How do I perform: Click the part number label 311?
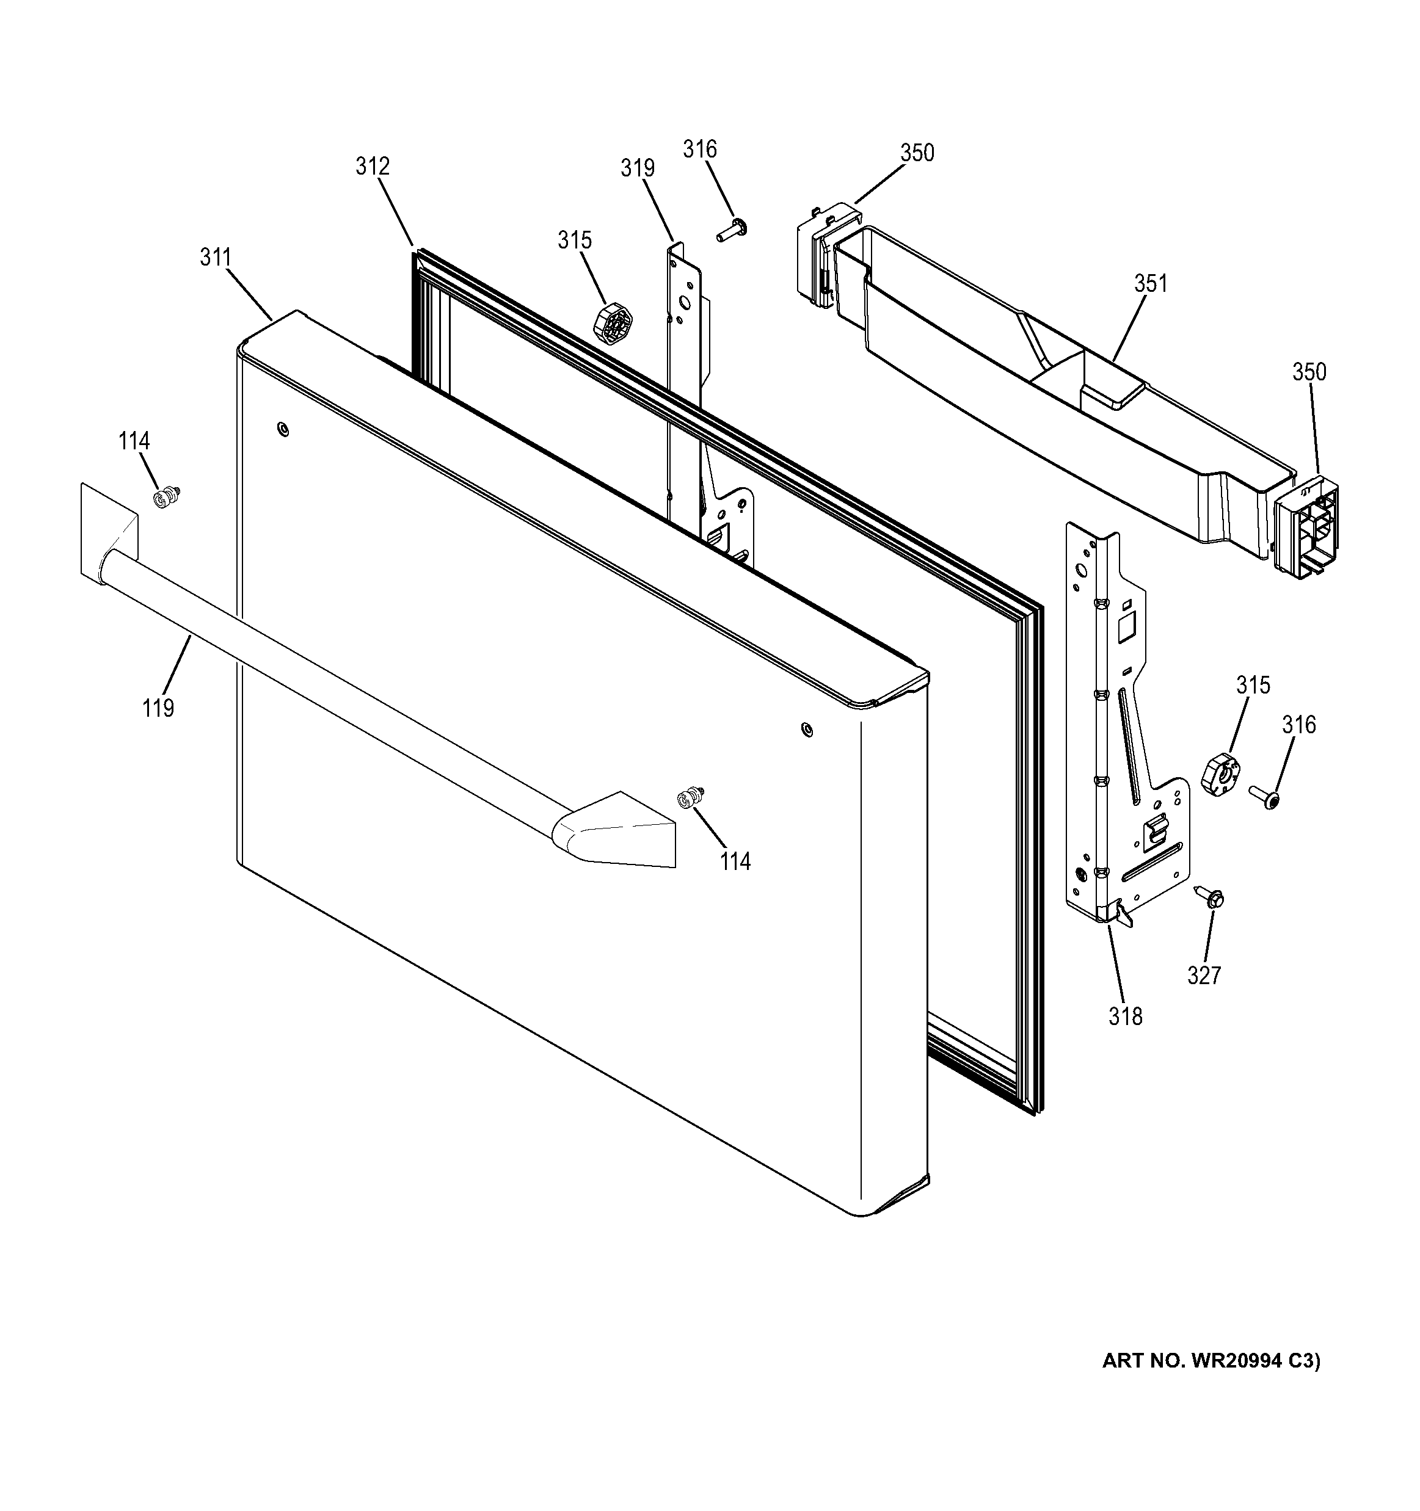(x=215, y=258)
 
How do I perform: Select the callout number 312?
(x=373, y=167)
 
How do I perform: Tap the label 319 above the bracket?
(x=637, y=168)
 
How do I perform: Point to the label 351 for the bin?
(x=1150, y=283)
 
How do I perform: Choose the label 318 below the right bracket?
(x=1125, y=1016)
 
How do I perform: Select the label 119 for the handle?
(x=158, y=708)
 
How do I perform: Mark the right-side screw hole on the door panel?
(x=807, y=730)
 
